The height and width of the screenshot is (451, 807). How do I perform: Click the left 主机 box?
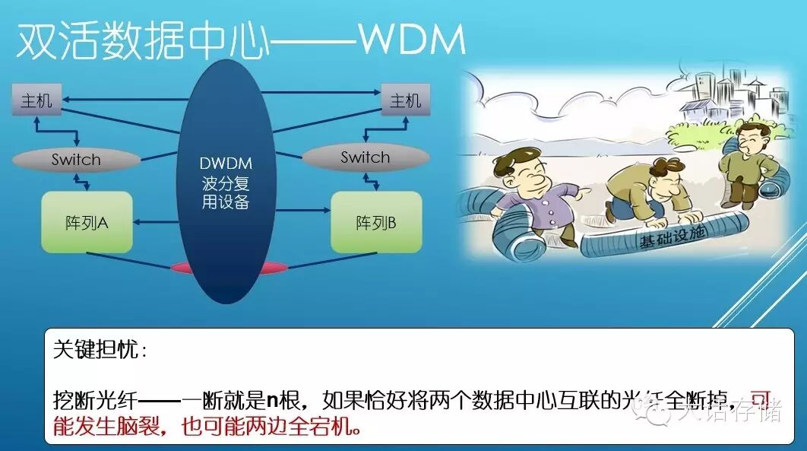tap(36, 100)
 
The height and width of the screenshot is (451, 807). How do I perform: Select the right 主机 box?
tap(404, 100)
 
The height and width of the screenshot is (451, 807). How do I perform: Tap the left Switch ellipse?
tap(76, 160)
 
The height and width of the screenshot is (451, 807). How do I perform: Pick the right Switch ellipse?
tap(365, 157)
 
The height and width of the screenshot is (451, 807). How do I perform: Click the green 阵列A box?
tap(87, 222)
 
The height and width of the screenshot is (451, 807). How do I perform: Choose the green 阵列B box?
tap(375, 222)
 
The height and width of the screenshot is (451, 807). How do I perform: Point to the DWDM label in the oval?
tap(226, 164)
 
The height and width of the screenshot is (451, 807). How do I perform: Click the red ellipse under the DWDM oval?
tap(226, 267)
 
